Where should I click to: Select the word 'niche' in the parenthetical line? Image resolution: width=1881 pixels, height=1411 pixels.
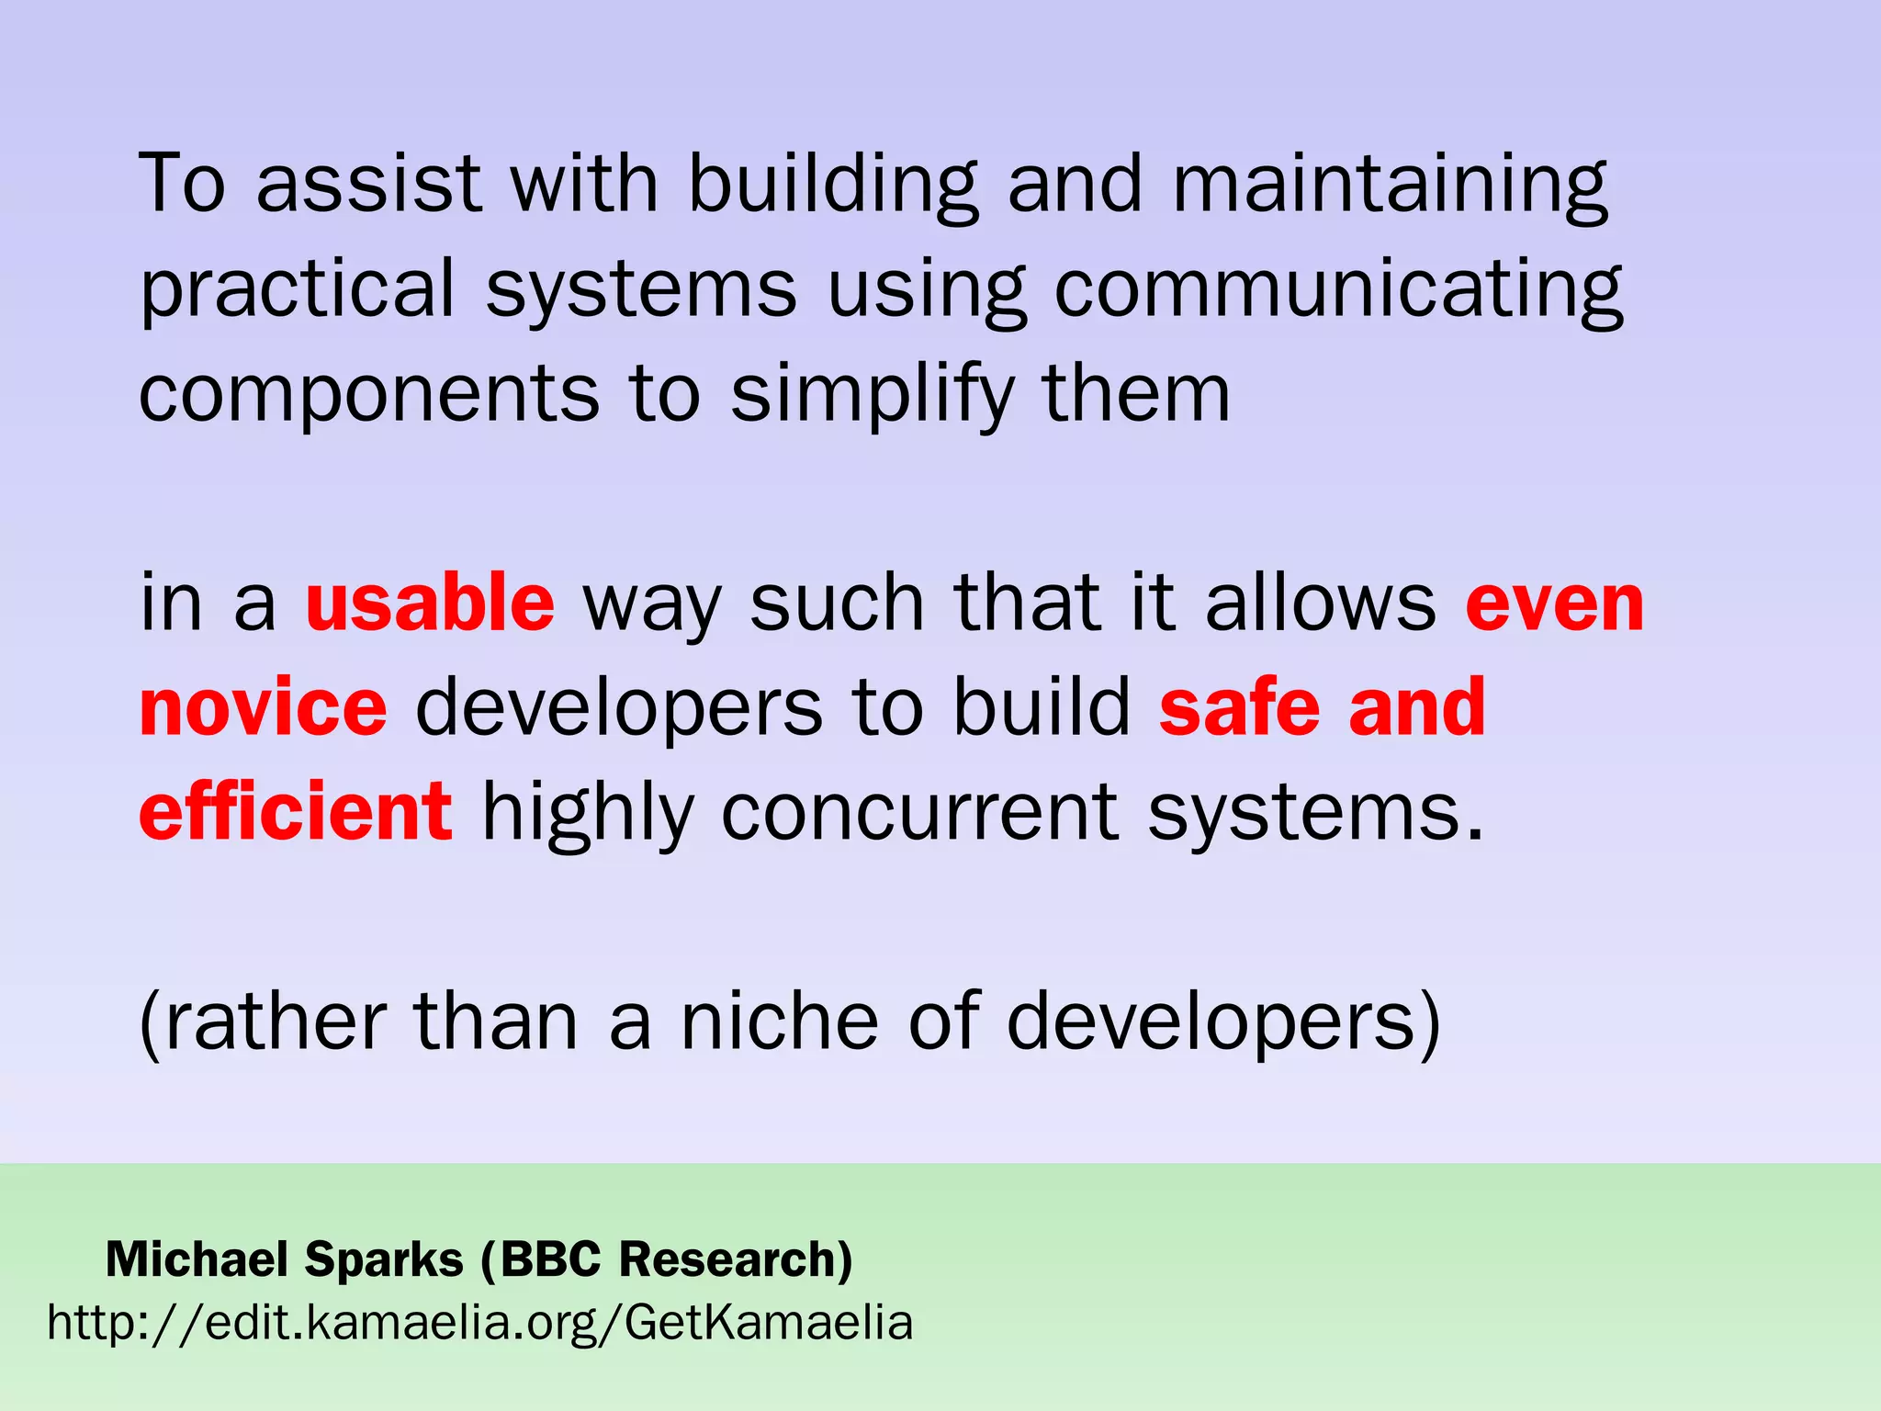point(780,1022)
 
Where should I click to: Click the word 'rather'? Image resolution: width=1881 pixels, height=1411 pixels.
point(264,1022)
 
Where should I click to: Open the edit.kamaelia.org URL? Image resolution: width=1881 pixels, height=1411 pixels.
point(480,1324)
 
